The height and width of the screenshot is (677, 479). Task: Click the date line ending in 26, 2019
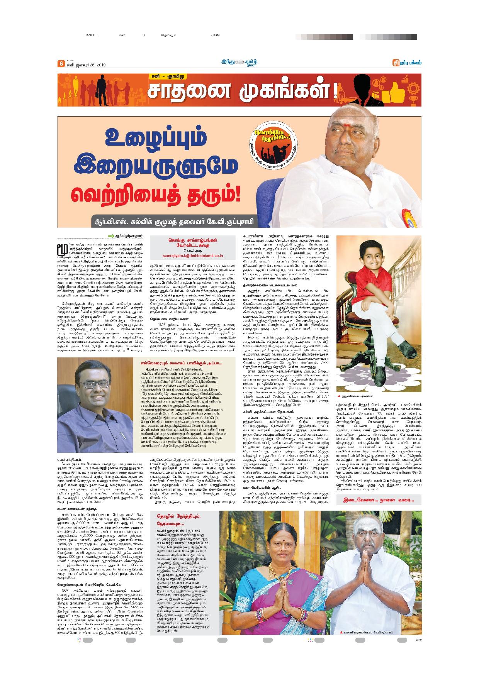click(x=86, y=65)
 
